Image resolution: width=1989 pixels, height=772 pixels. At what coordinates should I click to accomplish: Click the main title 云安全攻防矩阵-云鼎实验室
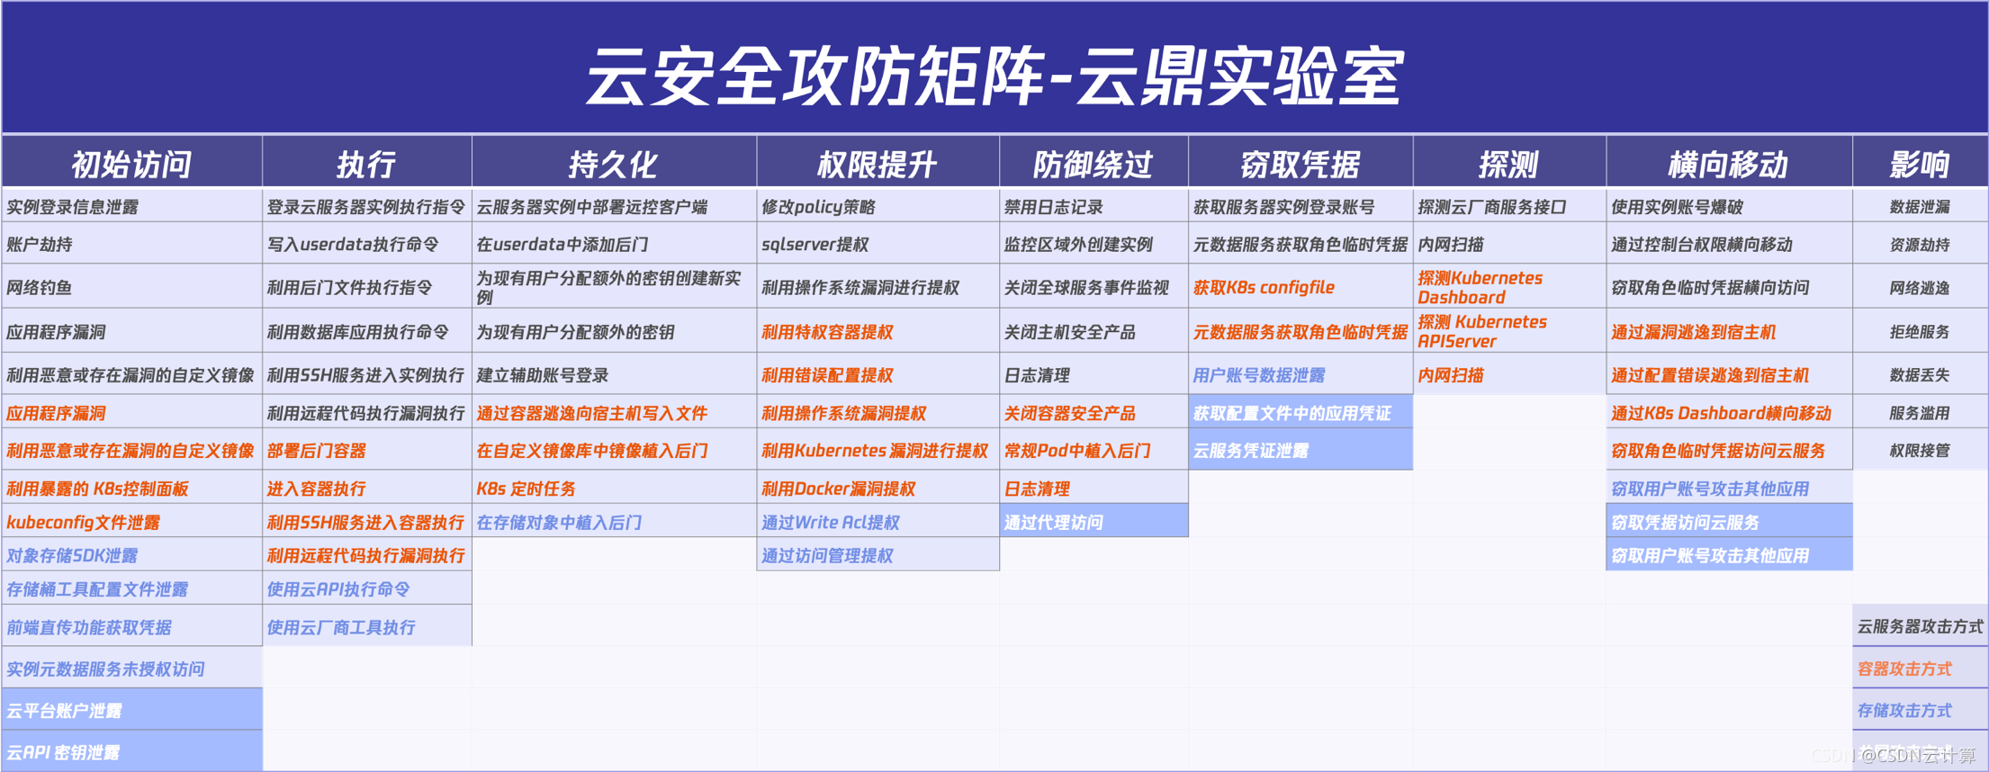click(x=994, y=76)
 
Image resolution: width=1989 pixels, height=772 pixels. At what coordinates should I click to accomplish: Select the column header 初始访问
click(x=131, y=164)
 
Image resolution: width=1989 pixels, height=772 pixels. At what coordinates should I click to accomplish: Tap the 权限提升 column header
click(x=877, y=164)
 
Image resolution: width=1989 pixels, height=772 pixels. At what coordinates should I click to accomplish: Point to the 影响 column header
click(x=1919, y=164)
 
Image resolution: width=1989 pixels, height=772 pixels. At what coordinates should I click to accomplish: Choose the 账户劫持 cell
click(x=40, y=245)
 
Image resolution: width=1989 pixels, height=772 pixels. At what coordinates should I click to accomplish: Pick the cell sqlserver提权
click(x=814, y=245)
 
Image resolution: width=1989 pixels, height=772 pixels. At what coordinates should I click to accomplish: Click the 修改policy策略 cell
click(x=818, y=207)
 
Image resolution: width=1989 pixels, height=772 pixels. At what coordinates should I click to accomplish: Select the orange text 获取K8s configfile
click(x=1264, y=288)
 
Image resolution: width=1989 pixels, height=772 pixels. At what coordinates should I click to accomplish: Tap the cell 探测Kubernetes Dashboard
click(x=1480, y=288)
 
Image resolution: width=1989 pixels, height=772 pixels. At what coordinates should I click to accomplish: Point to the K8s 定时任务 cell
click(x=526, y=489)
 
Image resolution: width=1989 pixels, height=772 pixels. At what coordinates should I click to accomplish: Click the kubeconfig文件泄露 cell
click(x=83, y=522)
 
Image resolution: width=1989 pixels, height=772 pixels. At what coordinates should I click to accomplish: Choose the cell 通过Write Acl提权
click(x=831, y=522)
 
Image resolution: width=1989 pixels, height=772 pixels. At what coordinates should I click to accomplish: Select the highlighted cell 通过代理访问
click(x=1054, y=522)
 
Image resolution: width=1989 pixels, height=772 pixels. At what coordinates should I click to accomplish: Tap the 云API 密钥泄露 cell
click(x=63, y=752)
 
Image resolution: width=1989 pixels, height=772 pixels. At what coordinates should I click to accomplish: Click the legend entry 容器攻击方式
click(x=1904, y=669)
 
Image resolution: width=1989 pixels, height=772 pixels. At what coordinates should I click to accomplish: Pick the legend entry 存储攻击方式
click(x=1904, y=711)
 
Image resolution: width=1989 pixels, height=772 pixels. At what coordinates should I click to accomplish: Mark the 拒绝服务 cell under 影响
click(x=1919, y=332)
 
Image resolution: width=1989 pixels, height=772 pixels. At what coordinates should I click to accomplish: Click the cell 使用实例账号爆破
click(x=1677, y=207)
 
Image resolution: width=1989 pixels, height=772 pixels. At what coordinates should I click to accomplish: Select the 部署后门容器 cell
click(x=316, y=451)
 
